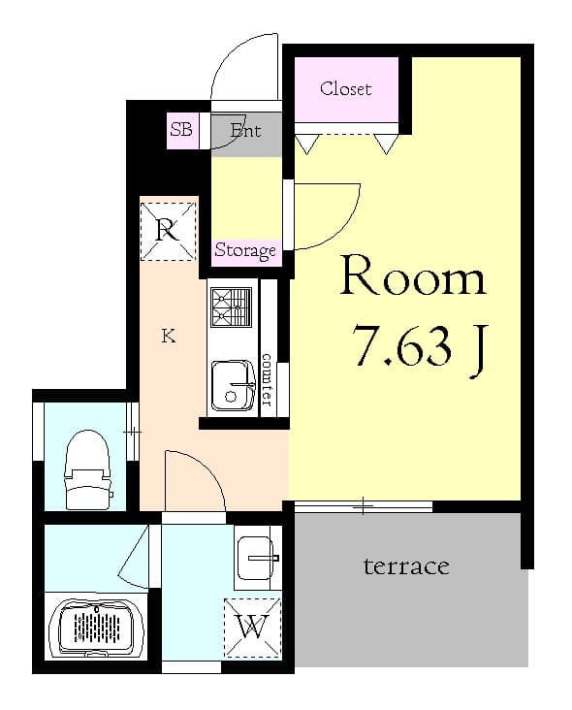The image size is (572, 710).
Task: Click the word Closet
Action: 345,89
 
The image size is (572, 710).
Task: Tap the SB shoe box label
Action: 181,129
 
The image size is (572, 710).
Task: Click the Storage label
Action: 245,250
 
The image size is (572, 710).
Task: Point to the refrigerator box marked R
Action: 169,232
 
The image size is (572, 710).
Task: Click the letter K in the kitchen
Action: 168,337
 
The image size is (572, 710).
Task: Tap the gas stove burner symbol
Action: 231,307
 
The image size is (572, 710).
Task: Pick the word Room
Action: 413,278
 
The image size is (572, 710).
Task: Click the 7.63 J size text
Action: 420,346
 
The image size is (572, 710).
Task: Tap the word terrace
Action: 406,565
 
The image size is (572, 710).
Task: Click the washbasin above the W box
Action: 257,559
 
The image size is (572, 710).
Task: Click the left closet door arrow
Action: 308,145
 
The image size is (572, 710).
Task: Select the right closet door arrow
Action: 387,145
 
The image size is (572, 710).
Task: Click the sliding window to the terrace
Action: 364,505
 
